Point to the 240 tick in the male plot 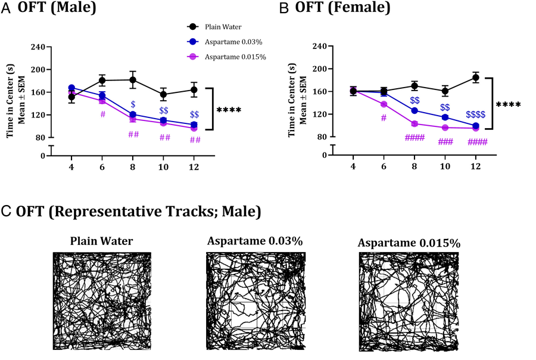click(38, 46)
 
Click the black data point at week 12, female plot click(475, 77)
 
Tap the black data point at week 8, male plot click(133, 80)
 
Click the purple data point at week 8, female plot click(414, 123)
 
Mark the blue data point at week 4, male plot click(71, 88)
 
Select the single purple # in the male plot click(102, 114)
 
